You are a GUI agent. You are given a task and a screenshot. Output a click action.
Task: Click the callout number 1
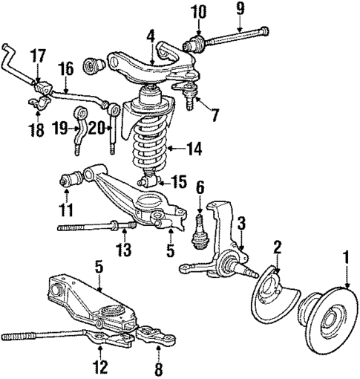pos(344,260)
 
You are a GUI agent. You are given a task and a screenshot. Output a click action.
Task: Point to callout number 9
pos(239,10)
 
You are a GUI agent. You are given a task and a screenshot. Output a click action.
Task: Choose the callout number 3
pos(240,221)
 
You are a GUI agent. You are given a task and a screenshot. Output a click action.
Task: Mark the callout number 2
pos(278,247)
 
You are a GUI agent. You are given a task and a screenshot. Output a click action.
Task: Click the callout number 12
pos(99,365)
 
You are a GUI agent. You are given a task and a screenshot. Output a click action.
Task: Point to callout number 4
pos(151,34)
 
